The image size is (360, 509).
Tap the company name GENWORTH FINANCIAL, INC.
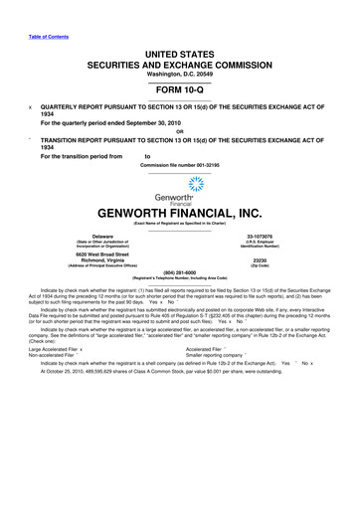tap(180, 212)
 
